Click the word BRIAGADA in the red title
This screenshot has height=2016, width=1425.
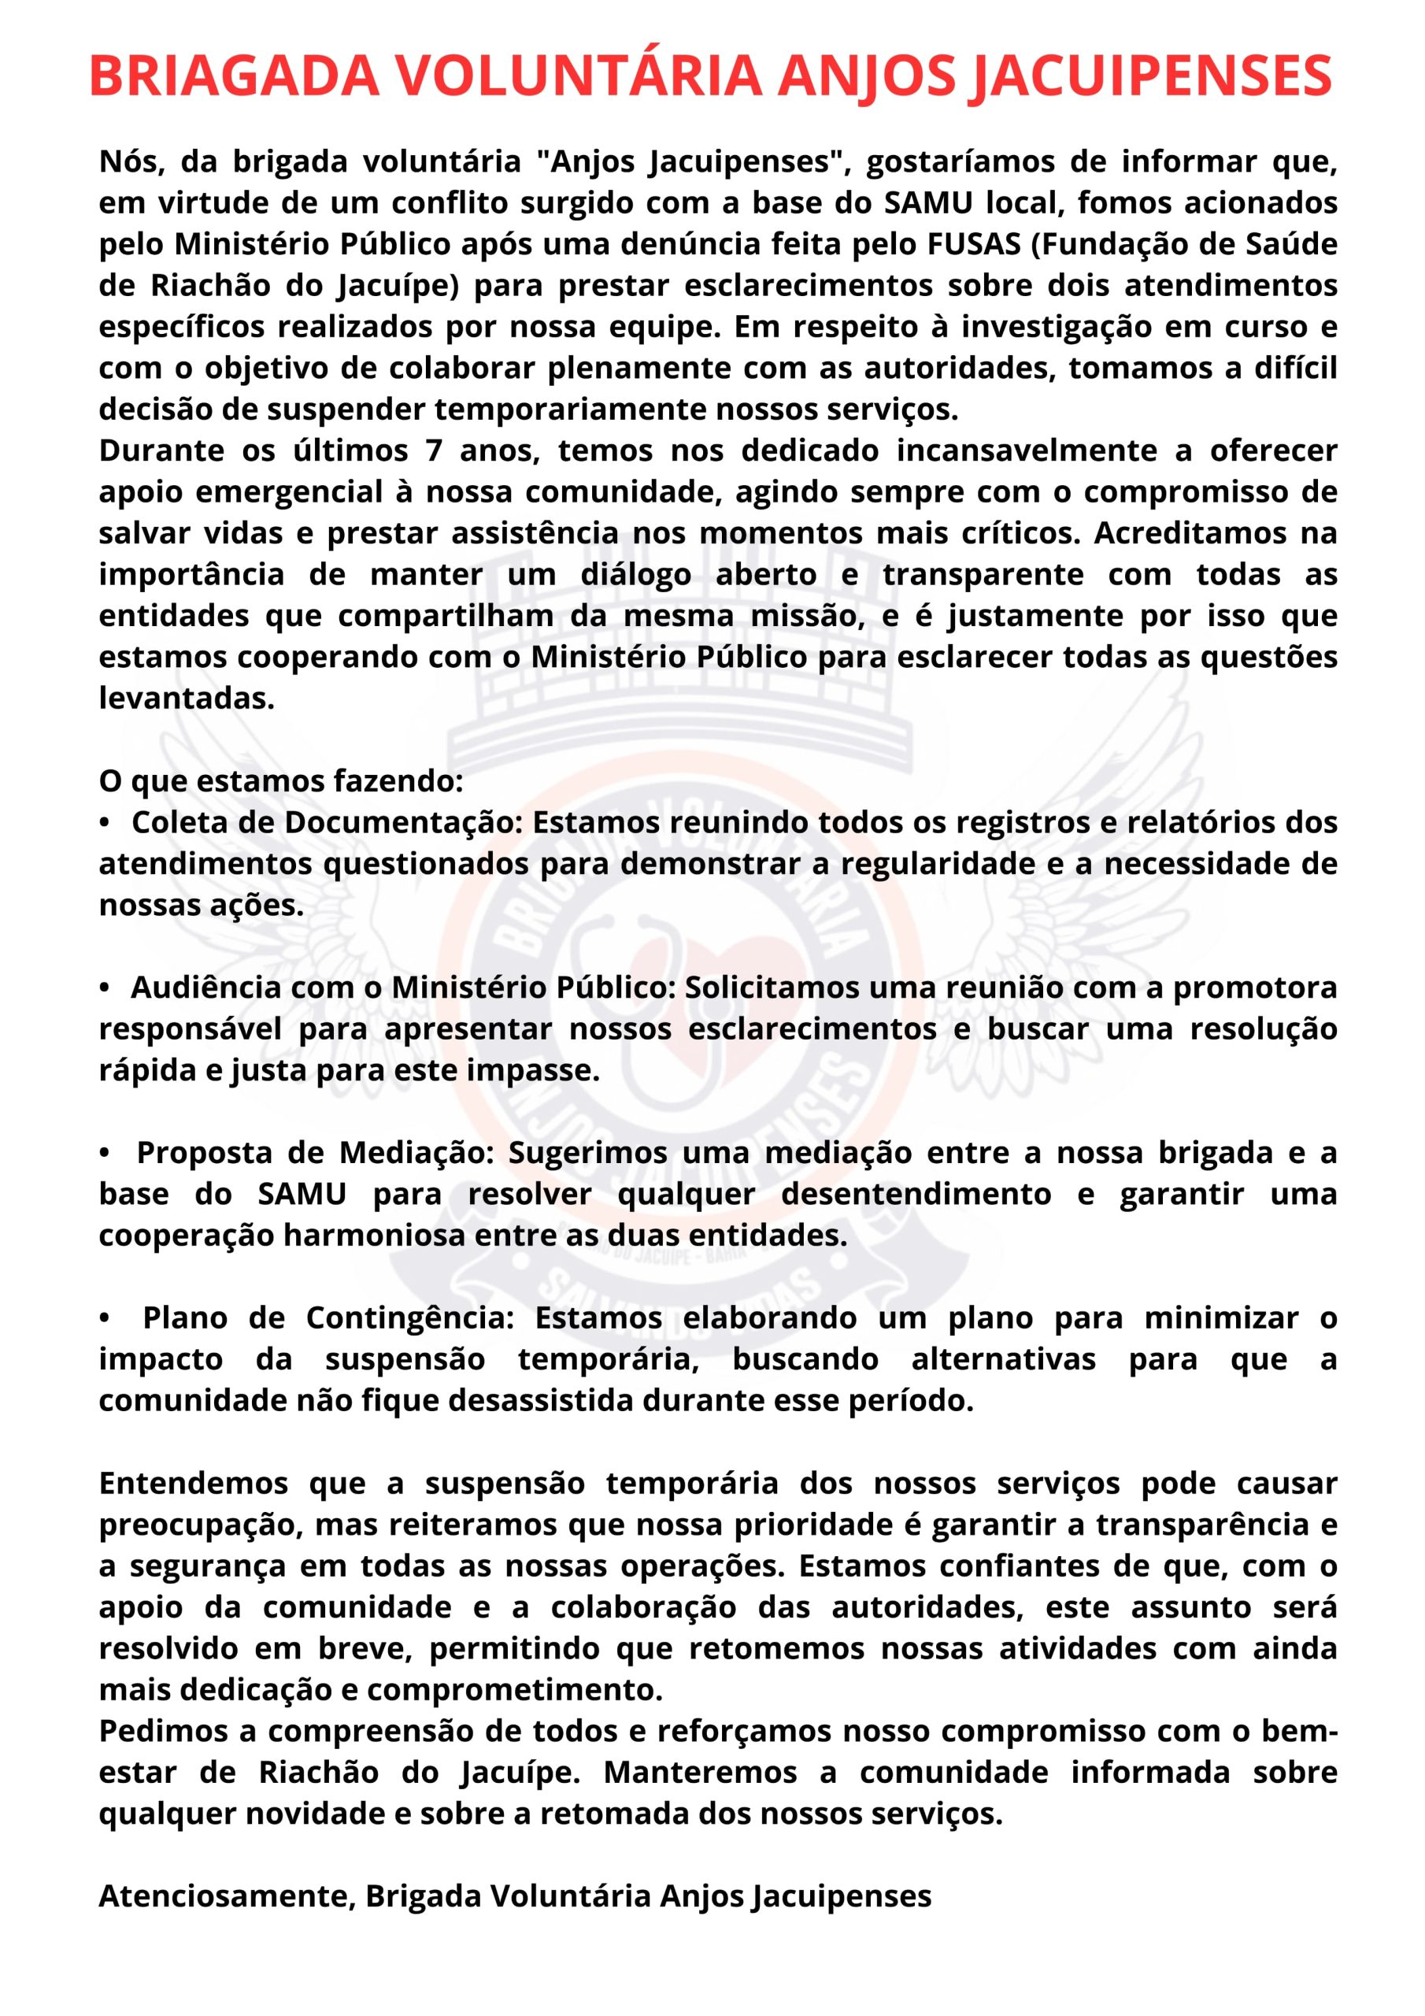tap(234, 76)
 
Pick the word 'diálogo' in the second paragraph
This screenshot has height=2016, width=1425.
tap(635, 574)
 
